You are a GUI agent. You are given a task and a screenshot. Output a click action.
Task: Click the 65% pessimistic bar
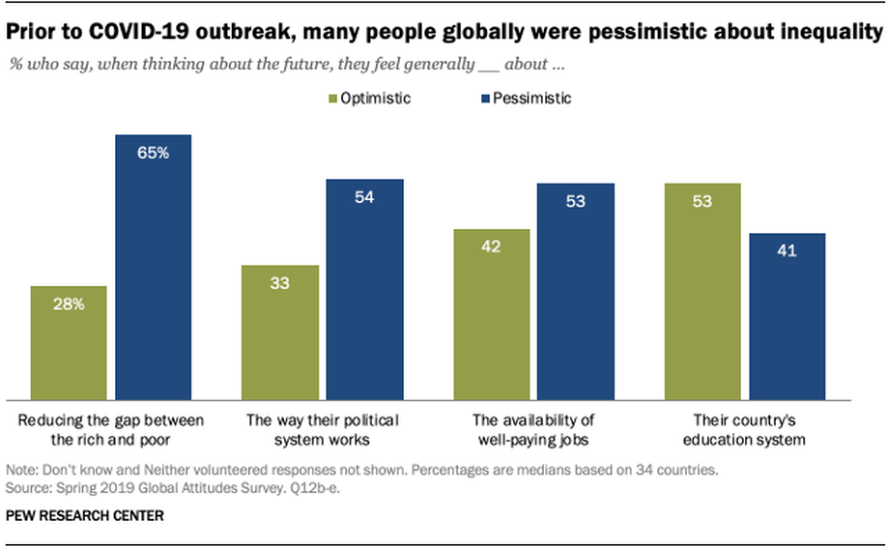point(154,268)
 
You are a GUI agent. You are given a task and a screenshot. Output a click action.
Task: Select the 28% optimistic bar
point(69,343)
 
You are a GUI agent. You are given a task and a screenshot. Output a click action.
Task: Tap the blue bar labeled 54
point(364,290)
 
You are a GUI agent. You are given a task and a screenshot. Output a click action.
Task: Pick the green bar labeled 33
point(280,333)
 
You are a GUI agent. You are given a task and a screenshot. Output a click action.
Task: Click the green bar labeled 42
point(492,315)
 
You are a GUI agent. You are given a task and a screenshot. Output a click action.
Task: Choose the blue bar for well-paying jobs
point(576,292)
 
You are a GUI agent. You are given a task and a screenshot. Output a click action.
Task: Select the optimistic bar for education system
point(702,292)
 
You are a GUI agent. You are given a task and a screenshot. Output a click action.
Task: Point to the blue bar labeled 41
point(788,317)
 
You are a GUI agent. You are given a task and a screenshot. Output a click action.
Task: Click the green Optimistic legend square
point(333,100)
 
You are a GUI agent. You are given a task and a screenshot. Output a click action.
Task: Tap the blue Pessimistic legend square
point(485,100)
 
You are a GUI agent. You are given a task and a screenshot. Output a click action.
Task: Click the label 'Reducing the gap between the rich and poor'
point(111,430)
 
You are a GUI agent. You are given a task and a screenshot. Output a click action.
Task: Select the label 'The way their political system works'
point(322,430)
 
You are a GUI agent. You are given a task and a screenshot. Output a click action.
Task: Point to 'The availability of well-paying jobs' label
point(533,430)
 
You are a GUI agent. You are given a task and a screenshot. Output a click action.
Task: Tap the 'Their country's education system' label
point(744,430)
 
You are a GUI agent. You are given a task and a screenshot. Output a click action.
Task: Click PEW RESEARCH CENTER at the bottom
point(85,516)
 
